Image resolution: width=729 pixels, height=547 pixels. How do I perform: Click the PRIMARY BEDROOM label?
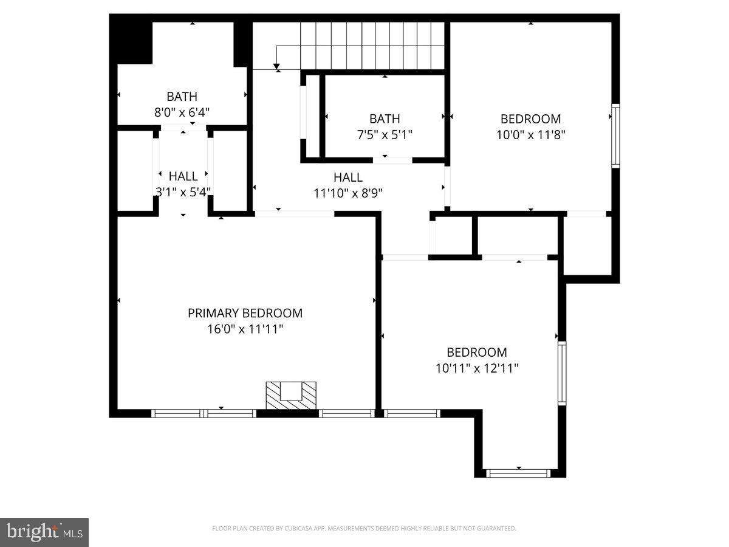pyautogui.click(x=245, y=313)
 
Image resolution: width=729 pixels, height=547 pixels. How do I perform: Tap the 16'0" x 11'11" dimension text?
pyautogui.click(x=245, y=329)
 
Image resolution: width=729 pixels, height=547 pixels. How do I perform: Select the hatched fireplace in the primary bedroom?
pyautogui.click(x=291, y=395)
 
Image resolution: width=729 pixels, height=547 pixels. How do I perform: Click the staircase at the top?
pyautogui.click(x=373, y=46)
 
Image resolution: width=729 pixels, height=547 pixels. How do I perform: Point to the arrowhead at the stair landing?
pyautogui.click(x=276, y=66)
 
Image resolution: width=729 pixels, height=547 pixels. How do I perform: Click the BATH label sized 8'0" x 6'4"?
pyautogui.click(x=182, y=96)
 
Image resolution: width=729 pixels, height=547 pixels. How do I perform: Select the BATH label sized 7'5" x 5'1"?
pyautogui.click(x=385, y=119)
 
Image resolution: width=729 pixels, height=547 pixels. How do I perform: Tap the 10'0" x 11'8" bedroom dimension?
pyautogui.click(x=531, y=135)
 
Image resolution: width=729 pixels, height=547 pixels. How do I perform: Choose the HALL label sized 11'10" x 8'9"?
pyautogui.click(x=347, y=177)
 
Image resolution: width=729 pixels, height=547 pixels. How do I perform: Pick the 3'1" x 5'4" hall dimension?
pyautogui.click(x=183, y=191)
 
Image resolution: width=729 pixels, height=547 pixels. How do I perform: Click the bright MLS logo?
pyautogui.click(x=44, y=532)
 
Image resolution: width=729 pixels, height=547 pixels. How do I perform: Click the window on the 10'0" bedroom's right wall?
pyautogui.click(x=615, y=136)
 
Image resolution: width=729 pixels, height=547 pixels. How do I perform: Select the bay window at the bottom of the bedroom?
pyautogui.click(x=519, y=472)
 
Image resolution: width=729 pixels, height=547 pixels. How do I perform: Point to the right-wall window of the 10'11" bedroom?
pyautogui.click(x=562, y=373)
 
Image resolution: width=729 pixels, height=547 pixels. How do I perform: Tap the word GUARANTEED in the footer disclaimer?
pyautogui.click(x=495, y=528)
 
